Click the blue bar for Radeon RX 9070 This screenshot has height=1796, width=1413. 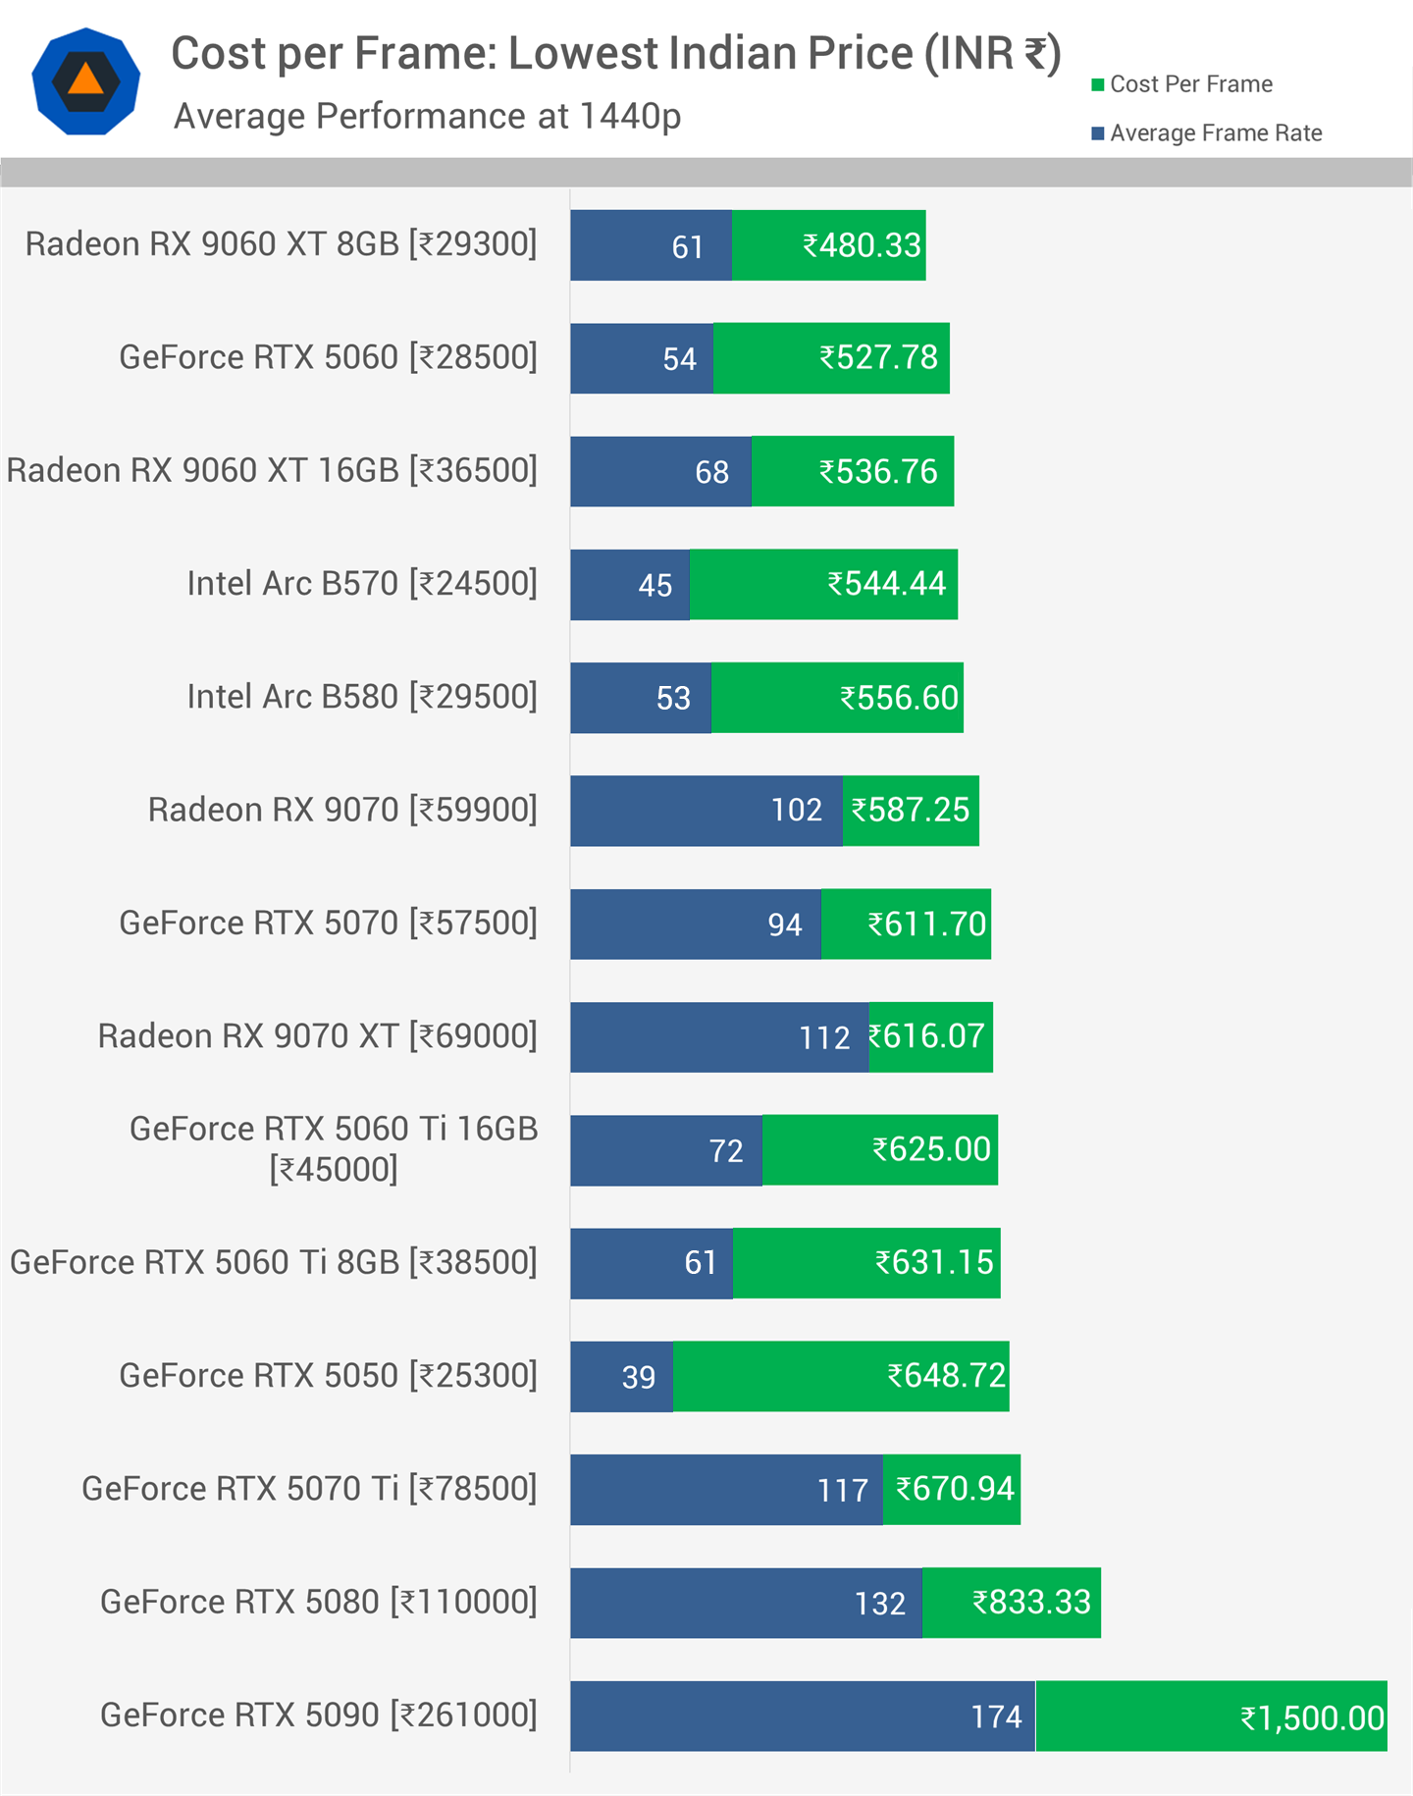706,811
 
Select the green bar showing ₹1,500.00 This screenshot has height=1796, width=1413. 1211,1716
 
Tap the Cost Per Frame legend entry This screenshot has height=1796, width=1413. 1190,84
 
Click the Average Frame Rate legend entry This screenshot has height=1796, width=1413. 1215,133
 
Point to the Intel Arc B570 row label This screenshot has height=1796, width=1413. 361,584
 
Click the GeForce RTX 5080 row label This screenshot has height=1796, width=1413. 318,1602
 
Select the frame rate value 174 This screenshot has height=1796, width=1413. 996,1717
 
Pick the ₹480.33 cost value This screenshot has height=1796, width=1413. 862,245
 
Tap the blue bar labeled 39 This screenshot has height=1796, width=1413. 621,1376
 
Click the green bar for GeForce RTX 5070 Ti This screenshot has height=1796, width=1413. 951,1489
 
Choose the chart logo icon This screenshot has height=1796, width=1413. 86,81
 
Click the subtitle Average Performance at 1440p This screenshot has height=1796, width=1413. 427,117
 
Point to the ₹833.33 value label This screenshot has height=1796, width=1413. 1030,1603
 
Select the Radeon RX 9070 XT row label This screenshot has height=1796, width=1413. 317,1036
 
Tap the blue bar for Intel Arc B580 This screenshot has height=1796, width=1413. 640,698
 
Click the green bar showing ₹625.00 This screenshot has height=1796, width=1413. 879,1150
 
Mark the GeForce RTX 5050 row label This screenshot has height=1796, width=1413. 328,1376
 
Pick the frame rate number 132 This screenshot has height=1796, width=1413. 879,1604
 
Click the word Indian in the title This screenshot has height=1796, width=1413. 732,54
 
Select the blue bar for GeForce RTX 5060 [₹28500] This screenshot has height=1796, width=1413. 642,358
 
